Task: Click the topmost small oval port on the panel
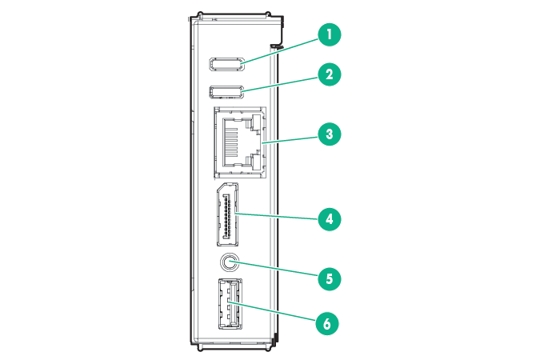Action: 227,64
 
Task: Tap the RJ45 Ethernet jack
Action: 238,142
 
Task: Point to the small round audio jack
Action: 229,262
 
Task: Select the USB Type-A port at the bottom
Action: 228,303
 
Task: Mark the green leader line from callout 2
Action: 280,83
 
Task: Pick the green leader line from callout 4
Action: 276,216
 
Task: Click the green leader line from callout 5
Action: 276,270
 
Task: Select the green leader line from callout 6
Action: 276,314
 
